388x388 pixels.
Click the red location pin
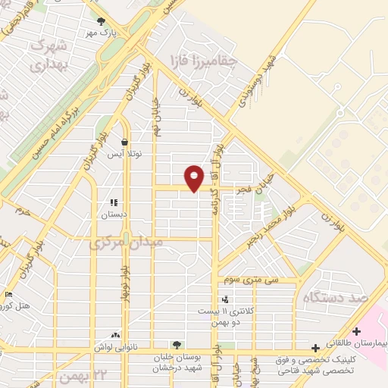pos(194,177)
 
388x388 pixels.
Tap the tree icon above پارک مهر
pos(101,21)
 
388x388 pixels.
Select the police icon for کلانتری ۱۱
pos(224,299)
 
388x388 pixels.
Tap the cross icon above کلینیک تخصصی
pos(315,347)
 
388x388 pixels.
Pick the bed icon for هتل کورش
pos(8,294)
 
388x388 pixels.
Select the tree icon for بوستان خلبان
pos(177,345)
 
